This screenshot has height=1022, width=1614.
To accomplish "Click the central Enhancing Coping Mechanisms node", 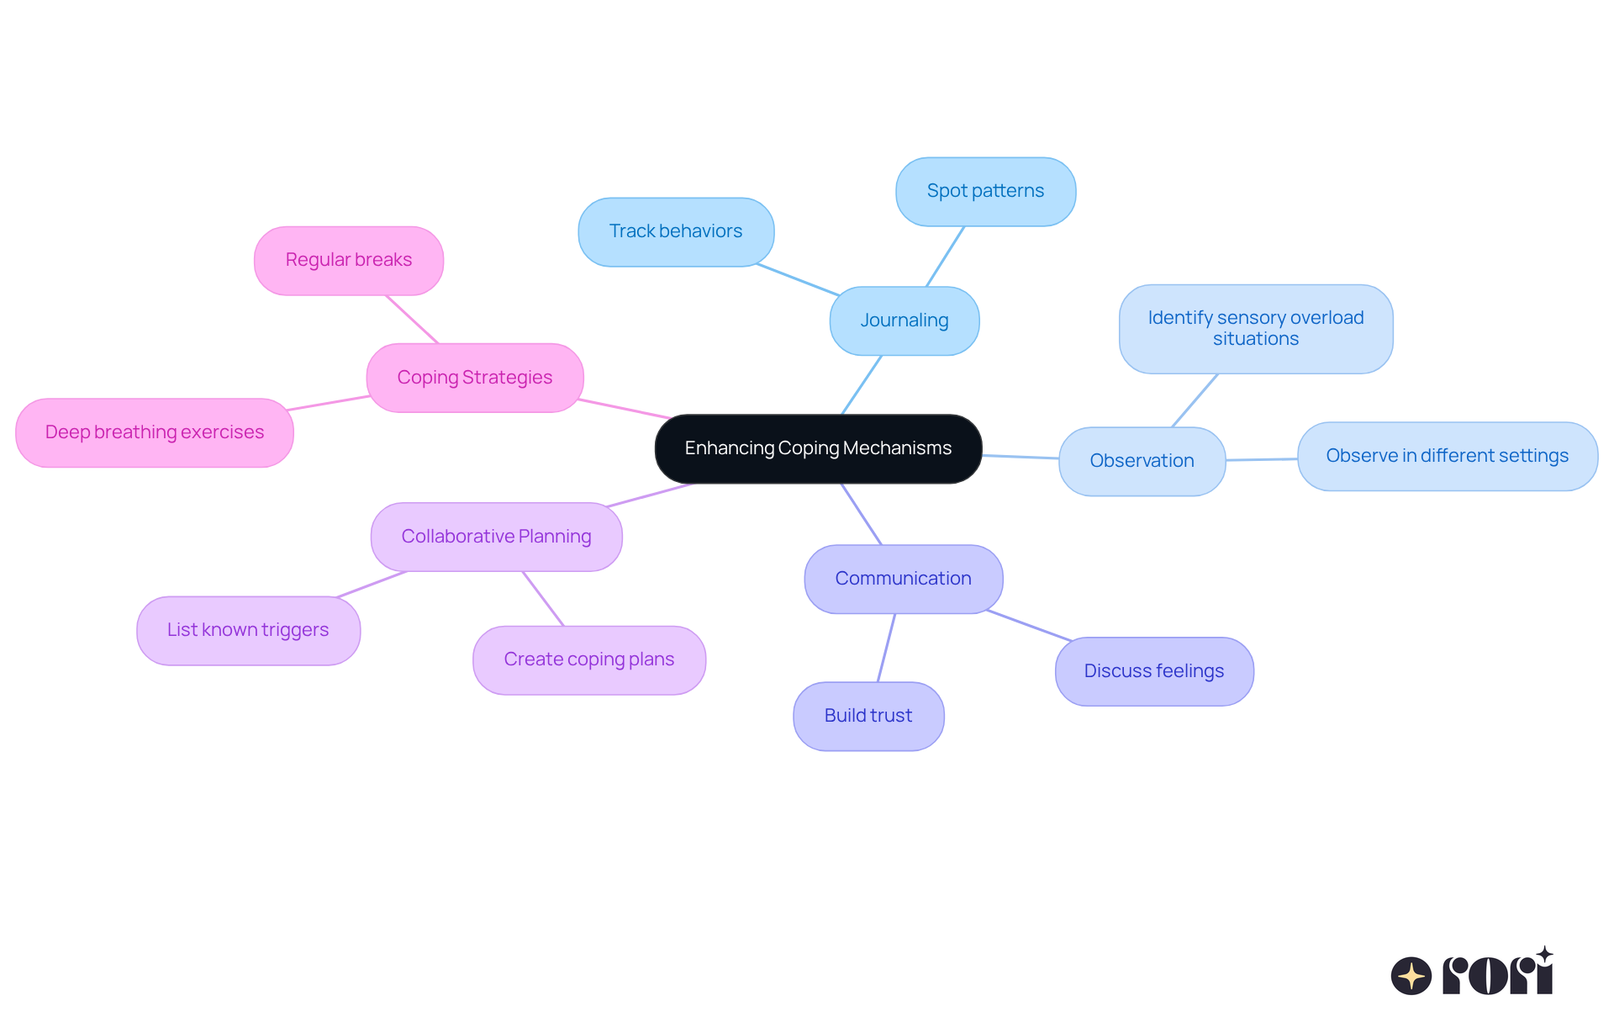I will pyautogui.click(x=818, y=448).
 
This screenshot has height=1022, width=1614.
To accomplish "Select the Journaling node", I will pyautogui.click(x=904, y=320).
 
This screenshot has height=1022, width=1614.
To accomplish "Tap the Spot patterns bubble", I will pyautogui.click(x=985, y=191).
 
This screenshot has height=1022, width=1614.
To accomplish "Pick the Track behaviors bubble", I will pyautogui.click(x=675, y=231).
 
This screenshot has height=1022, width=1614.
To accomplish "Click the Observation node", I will pyautogui.click(x=1142, y=461).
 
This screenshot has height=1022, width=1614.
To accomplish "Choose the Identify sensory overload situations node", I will pyautogui.click(x=1255, y=328).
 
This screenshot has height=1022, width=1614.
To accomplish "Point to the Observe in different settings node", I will pyautogui.click(x=1447, y=456).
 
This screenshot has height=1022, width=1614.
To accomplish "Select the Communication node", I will pyautogui.click(x=903, y=579).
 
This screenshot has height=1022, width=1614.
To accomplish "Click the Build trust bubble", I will pyautogui.click(x=868, y=716).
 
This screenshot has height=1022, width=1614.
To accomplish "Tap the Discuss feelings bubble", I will pyautogui.click(x=1153, y=671).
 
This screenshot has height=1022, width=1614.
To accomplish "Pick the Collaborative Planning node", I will pyautogui.click(x=496, y=537).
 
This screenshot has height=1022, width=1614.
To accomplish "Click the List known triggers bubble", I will pyautogui.click(x=248, y=630).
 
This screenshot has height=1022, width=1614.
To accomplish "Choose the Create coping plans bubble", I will pyautogui.click(x=588, y=659).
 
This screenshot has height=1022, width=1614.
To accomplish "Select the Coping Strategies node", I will pyautogui.click(x=474, y=378).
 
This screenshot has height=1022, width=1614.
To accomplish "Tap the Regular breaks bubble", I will pyautogui.click(x=348, y=260).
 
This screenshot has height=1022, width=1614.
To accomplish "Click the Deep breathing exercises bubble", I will pyautogui.click(x=154, y=432).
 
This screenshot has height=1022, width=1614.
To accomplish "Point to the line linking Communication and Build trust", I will pyautogui.click(x=886, y=648).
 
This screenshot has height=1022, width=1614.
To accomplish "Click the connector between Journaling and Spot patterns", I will pyautogui.click(x=945, y=257).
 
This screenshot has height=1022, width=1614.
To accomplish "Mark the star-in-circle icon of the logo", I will pyautogui.click(x=1411, y=976).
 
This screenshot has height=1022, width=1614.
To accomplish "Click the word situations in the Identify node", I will pyautogui.click(x=1255, y=339).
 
